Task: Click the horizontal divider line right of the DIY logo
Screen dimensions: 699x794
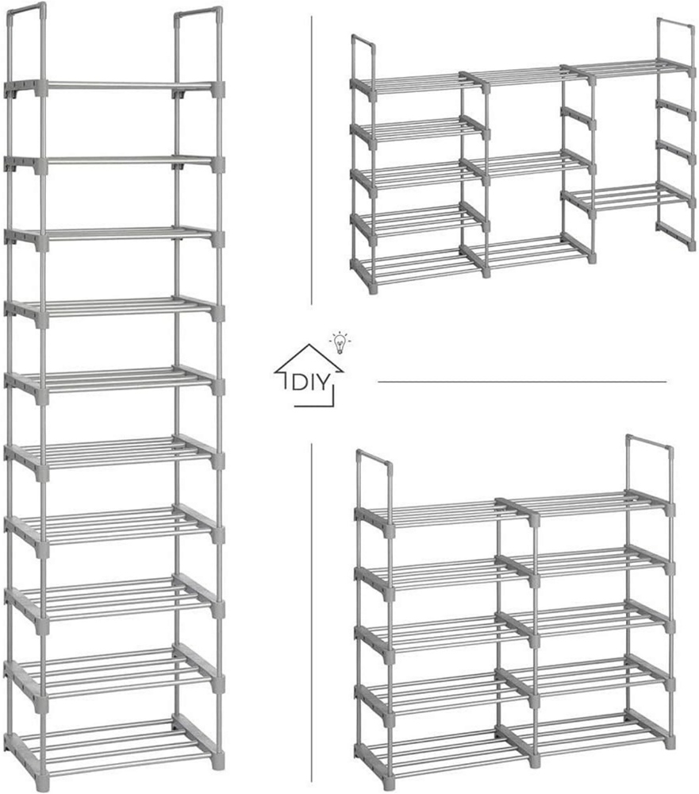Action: point(522,382)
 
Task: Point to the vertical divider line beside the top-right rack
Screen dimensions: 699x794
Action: point(311,160)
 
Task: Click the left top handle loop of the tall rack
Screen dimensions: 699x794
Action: point(26,40)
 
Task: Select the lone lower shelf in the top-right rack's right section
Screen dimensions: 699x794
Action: point(627,198)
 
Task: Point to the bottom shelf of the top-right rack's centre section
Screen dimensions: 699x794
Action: point(526,252)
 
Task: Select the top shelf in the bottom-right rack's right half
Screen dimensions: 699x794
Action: point(585,503)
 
